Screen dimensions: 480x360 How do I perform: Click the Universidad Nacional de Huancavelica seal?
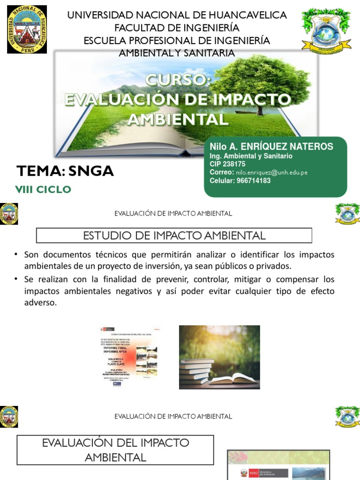tap(27, 30)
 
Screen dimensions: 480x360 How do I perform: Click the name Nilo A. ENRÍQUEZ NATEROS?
tap(271, 147)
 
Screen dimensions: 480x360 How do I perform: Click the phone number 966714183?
tap(254, 180)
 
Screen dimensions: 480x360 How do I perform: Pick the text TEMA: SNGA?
tap(65, 171)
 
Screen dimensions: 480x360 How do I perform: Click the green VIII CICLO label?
tap(44, 189)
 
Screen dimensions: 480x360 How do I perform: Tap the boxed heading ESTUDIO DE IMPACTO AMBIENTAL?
tap(174, 236)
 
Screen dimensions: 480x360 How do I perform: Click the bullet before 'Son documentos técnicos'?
tap(15, 255)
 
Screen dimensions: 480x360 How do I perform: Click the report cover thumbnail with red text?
tap(128, 357)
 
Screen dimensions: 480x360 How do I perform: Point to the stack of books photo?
tap(219, 357)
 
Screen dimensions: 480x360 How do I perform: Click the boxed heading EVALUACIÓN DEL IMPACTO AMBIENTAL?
tap(115, 450)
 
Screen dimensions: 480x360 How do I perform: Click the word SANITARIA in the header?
tap(206, 53)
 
